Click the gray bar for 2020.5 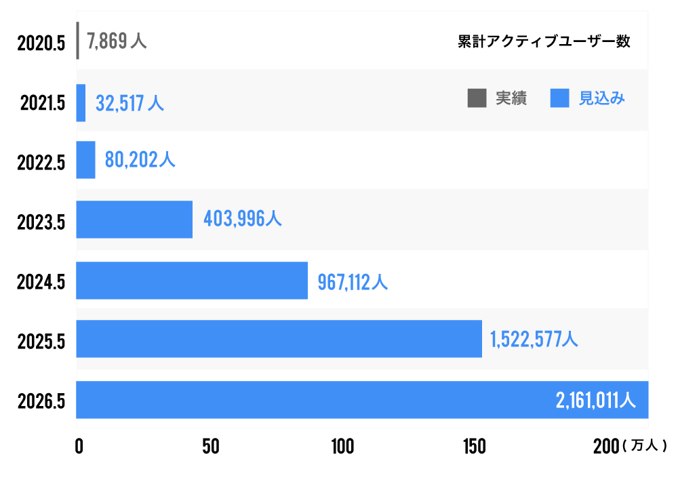78,41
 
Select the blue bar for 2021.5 81,103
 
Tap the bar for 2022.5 85,160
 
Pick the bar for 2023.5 134,220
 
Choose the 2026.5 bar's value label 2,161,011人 595,401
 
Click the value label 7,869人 117,42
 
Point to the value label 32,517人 129,103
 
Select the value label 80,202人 140,160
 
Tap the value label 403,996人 242,219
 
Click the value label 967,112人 353,281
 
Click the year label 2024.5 41,281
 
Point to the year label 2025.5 41,341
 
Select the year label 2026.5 41,401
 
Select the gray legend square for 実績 477,98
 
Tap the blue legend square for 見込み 560,98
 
